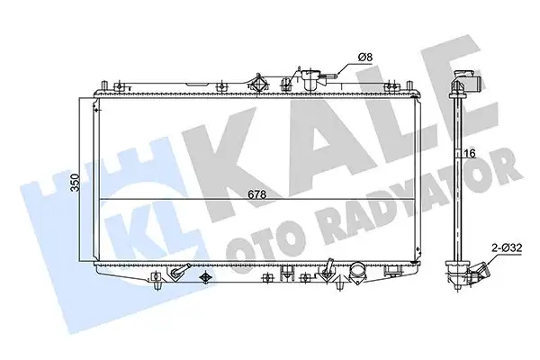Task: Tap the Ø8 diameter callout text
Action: pyautogui.click(x=365, y=58)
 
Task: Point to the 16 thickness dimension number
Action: pyautogui.click(x=469, y=154)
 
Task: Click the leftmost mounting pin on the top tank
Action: pyautogui.click(x=107, y=85)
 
